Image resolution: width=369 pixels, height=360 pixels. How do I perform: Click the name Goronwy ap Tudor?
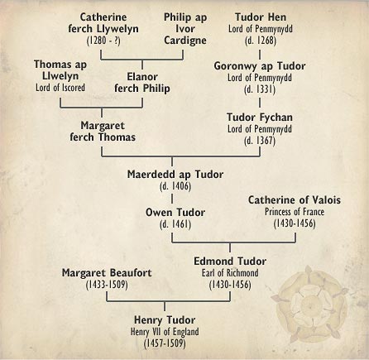click(x=260, y=66)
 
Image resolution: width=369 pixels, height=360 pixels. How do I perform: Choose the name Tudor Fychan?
click(x=260, y=118)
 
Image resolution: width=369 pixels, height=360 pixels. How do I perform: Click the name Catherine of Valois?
click(x=295, y=201)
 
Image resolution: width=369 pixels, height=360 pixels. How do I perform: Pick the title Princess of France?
click(x=295, y=213)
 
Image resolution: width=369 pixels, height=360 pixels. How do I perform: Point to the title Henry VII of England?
click(x=163, y=330)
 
